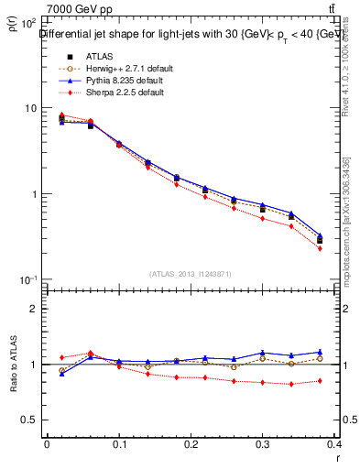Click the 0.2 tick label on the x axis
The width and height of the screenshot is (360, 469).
click(191, 444)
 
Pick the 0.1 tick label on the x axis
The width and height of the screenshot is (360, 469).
click(118, 444)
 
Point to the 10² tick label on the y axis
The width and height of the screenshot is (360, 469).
click(28, 23)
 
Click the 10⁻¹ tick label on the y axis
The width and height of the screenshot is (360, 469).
click(28, 279)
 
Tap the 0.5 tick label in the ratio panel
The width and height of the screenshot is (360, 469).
click(30, 420)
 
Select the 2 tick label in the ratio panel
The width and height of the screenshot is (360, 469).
click(35, 309)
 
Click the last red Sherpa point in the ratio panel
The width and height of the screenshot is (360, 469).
click(319, 380)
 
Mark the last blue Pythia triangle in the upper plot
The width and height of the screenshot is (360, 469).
click(319, 234)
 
